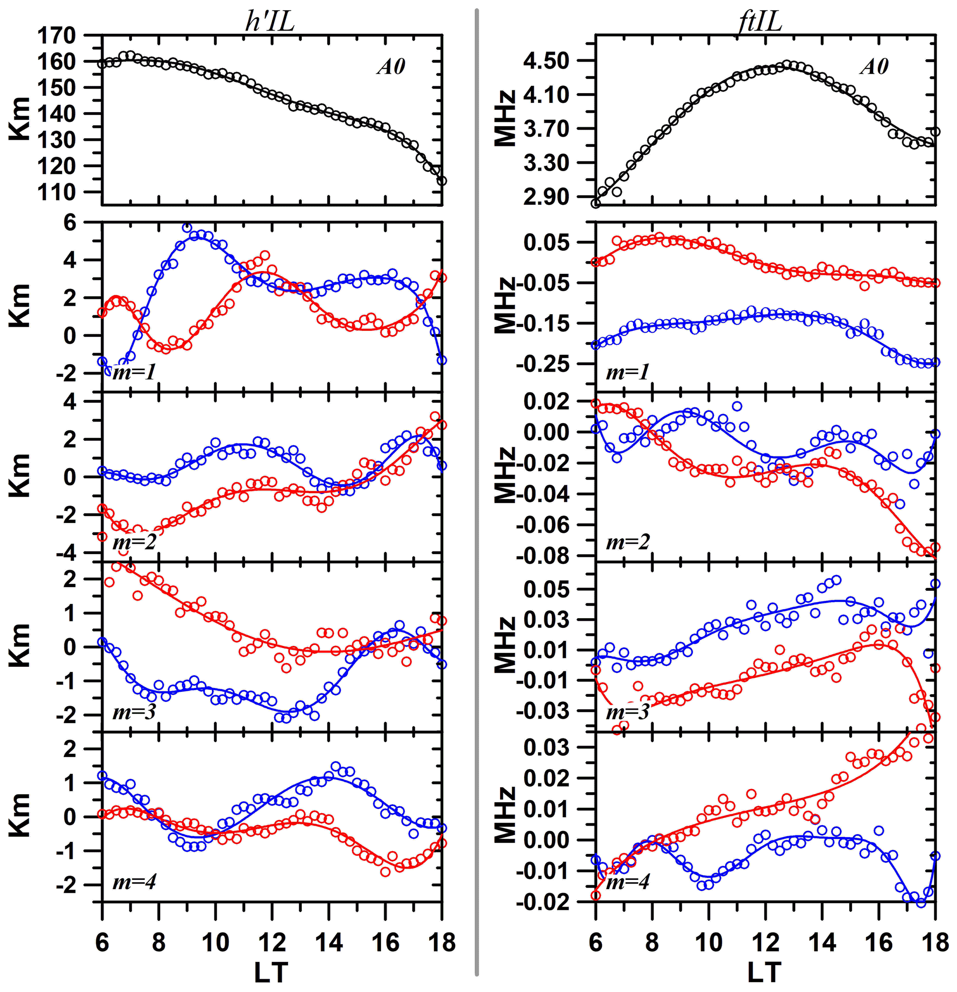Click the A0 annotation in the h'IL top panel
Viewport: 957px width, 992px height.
pos(391,67)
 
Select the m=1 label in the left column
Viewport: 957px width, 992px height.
pos(134,373)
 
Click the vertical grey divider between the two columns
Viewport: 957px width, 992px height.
pos(477,496)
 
